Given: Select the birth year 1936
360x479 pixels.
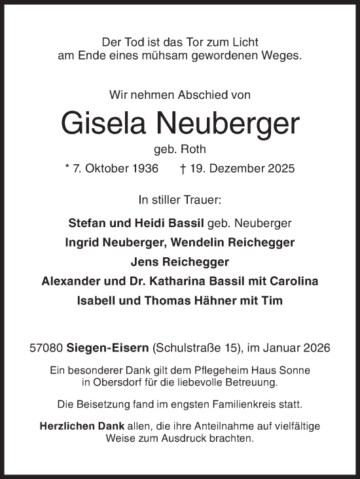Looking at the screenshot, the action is (145, 168).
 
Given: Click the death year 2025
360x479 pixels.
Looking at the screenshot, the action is (281, 168).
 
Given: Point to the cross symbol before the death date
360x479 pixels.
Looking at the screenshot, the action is (183, 168).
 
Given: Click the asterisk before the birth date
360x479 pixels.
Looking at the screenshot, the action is (67, 168).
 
